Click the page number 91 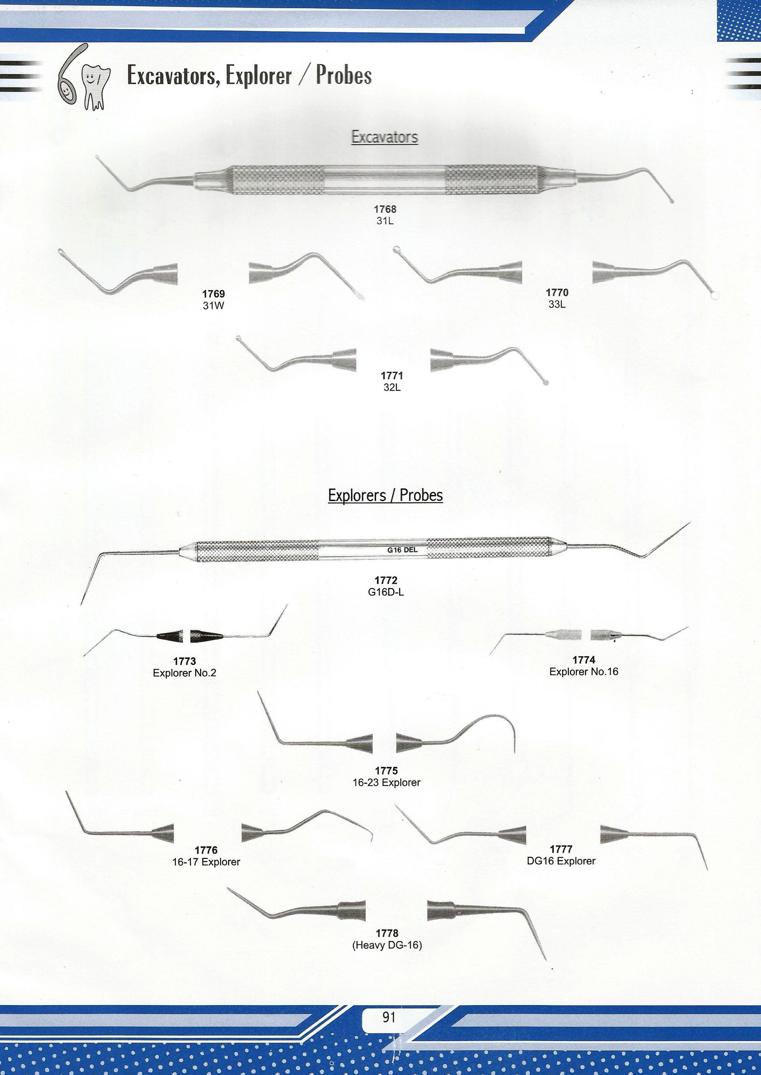pyautogui.click(x=389, y=1017)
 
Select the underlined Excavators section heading pyautogui.click(x=385, y=137)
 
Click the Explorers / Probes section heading pyautogui.click(x=385, y=495)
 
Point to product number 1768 pyautogui.click(x=385, y=209)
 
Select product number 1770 pyautogui.click(x=557, y=292)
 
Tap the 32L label pyautogui.click(x=392, y=387)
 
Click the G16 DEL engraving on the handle pyautogui.click(x=402, y=550)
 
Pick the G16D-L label pyautogui.click(x=386, y=592)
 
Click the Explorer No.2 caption pyautogui.click(x=184, y=672)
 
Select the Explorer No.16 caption pyautogui.click(x=584, y=671)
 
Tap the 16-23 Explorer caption pyautogui.click(x=386, y=783)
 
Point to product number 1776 pyautogui.click(x=206, y=850)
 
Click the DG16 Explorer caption pyautogui.click(x=561, y=861)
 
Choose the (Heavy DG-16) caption pyautogui.click(x=387, y=944)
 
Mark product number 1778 pyautogui.click(x=387, y=933)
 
